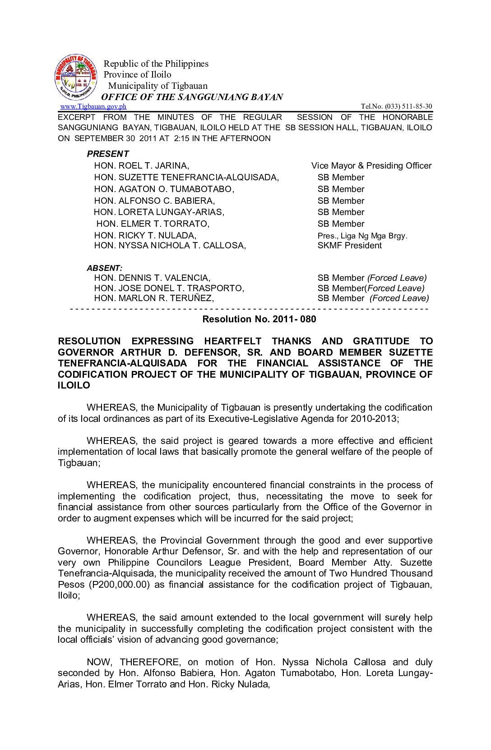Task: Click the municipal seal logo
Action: [x=75, y=77]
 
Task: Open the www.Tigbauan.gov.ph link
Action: [x=93, y=106]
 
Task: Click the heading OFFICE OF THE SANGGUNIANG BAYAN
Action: [x=192, y=97]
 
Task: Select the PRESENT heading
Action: [x=108, y=154]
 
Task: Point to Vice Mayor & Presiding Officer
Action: [x=371, y=166]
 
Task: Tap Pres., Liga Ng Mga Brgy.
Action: [x=362, y=236]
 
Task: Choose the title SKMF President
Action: [x=349, y=246]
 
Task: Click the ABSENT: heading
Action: [x=105, y=268]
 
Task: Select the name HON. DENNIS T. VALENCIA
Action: [x=152, y=278]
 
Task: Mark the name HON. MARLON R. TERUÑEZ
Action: [x=154, y=298]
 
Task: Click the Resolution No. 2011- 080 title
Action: [x=259, y=320]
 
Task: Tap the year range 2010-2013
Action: [x=373, y=419]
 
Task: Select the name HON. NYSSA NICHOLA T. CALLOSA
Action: [x=170, y=246]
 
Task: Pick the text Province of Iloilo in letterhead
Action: [x=138, y=75]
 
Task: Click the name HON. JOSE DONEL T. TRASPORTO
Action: [x=169, y=288]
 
